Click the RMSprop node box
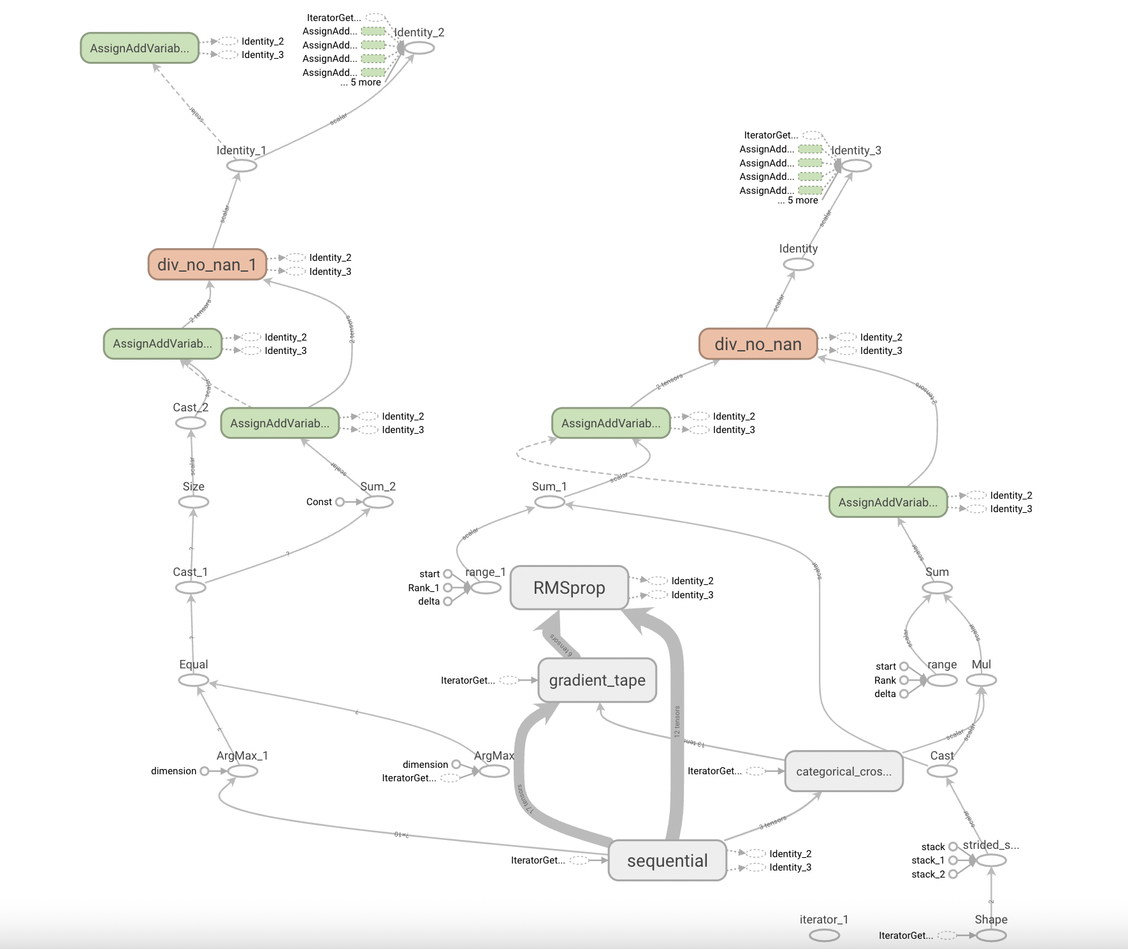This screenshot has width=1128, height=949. [x=569, y=587]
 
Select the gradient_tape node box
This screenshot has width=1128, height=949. [x=597, y=680]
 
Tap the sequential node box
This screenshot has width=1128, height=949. [x=667, y=860]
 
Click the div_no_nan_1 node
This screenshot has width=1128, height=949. [x=206, y=265]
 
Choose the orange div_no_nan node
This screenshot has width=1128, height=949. [x=758, y=344]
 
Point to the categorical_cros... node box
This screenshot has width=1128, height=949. [x=844, y=771]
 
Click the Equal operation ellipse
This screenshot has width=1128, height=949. [x=194, y=680]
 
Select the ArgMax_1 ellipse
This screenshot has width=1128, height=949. [x=242, y=771]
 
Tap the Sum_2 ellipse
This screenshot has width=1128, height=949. [x=378, y=502]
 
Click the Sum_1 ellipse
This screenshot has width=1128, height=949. [x=549, y=502]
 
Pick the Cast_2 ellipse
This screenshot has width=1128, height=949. [x=191, y=423]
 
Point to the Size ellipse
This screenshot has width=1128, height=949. [x=194, y=502]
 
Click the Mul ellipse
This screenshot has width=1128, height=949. [x=981, y=680]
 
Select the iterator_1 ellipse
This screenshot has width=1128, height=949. [x=824, y=936]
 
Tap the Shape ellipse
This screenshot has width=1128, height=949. [x=991, y=936]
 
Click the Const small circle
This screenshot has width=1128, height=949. [x=340, y=502]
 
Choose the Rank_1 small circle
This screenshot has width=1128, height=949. [x=447, y=588]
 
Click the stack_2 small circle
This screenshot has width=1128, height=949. [x=953, y=874]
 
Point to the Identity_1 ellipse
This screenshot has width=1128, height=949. [x=242, y=166]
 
